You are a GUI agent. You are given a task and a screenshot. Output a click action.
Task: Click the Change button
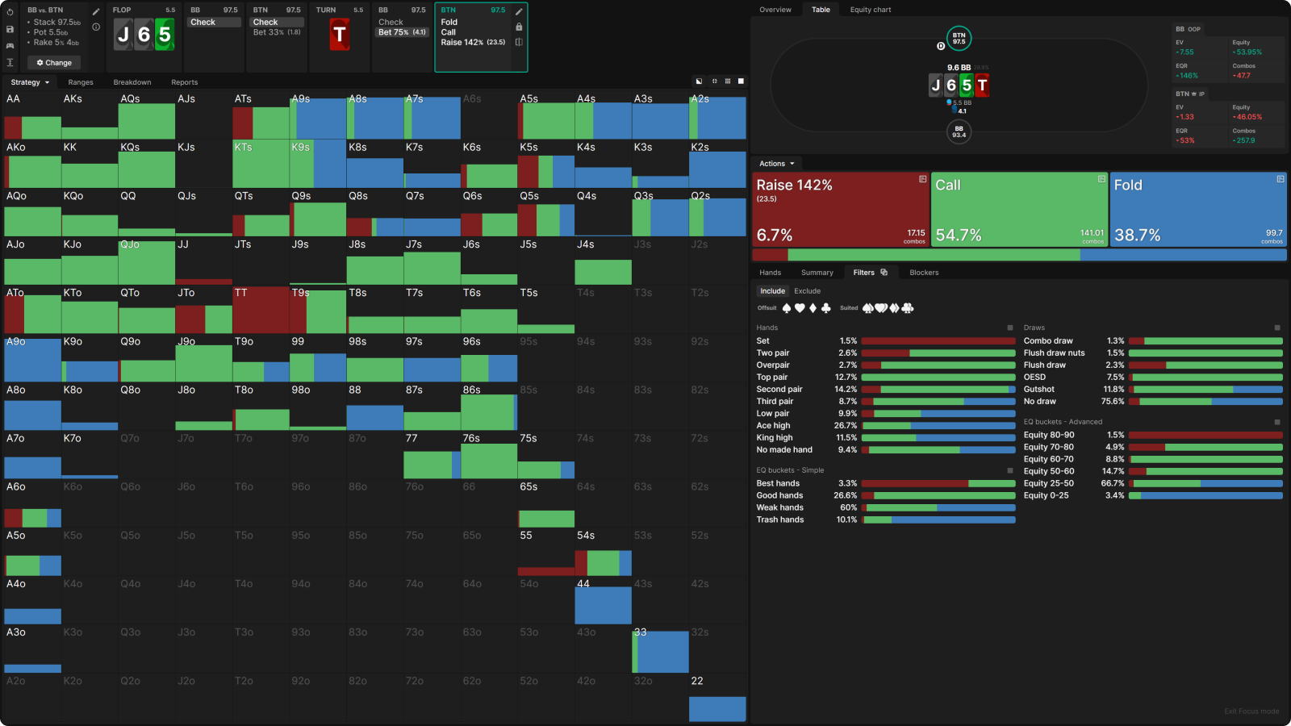coord(54,62)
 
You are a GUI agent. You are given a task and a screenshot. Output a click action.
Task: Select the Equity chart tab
coord(870,10)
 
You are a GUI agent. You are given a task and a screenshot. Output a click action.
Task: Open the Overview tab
coord(775,10)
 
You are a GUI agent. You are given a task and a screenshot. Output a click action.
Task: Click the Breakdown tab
coord(132,82)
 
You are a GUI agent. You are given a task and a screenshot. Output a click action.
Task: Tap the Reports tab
coord(184,82)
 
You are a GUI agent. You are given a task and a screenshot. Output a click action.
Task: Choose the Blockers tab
coord(924,273)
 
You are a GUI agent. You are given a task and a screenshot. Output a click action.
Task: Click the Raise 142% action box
coord(840,209)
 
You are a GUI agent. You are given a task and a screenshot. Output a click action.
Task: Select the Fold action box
coord(1197,209)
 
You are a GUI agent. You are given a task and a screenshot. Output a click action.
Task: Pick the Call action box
coord(1019,209)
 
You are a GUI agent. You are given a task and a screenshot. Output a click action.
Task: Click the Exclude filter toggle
coord(807,291)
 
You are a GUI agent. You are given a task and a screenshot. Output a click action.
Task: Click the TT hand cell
coord(261,310)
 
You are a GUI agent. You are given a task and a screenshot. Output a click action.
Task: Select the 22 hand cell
coord(717,698)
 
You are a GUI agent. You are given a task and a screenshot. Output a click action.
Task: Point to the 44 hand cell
coord(603,601)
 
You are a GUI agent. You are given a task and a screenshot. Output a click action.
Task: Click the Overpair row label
coord(773,365)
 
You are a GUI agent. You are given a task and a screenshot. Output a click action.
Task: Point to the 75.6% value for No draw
coord(1113,402)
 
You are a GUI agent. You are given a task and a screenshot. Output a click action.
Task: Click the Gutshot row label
coord(1038,390)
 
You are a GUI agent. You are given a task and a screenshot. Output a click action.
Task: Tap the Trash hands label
coord(779,520)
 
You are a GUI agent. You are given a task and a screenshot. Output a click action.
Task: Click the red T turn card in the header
coord(340,35)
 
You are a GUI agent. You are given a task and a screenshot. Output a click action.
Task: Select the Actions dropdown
coord(777,164)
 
